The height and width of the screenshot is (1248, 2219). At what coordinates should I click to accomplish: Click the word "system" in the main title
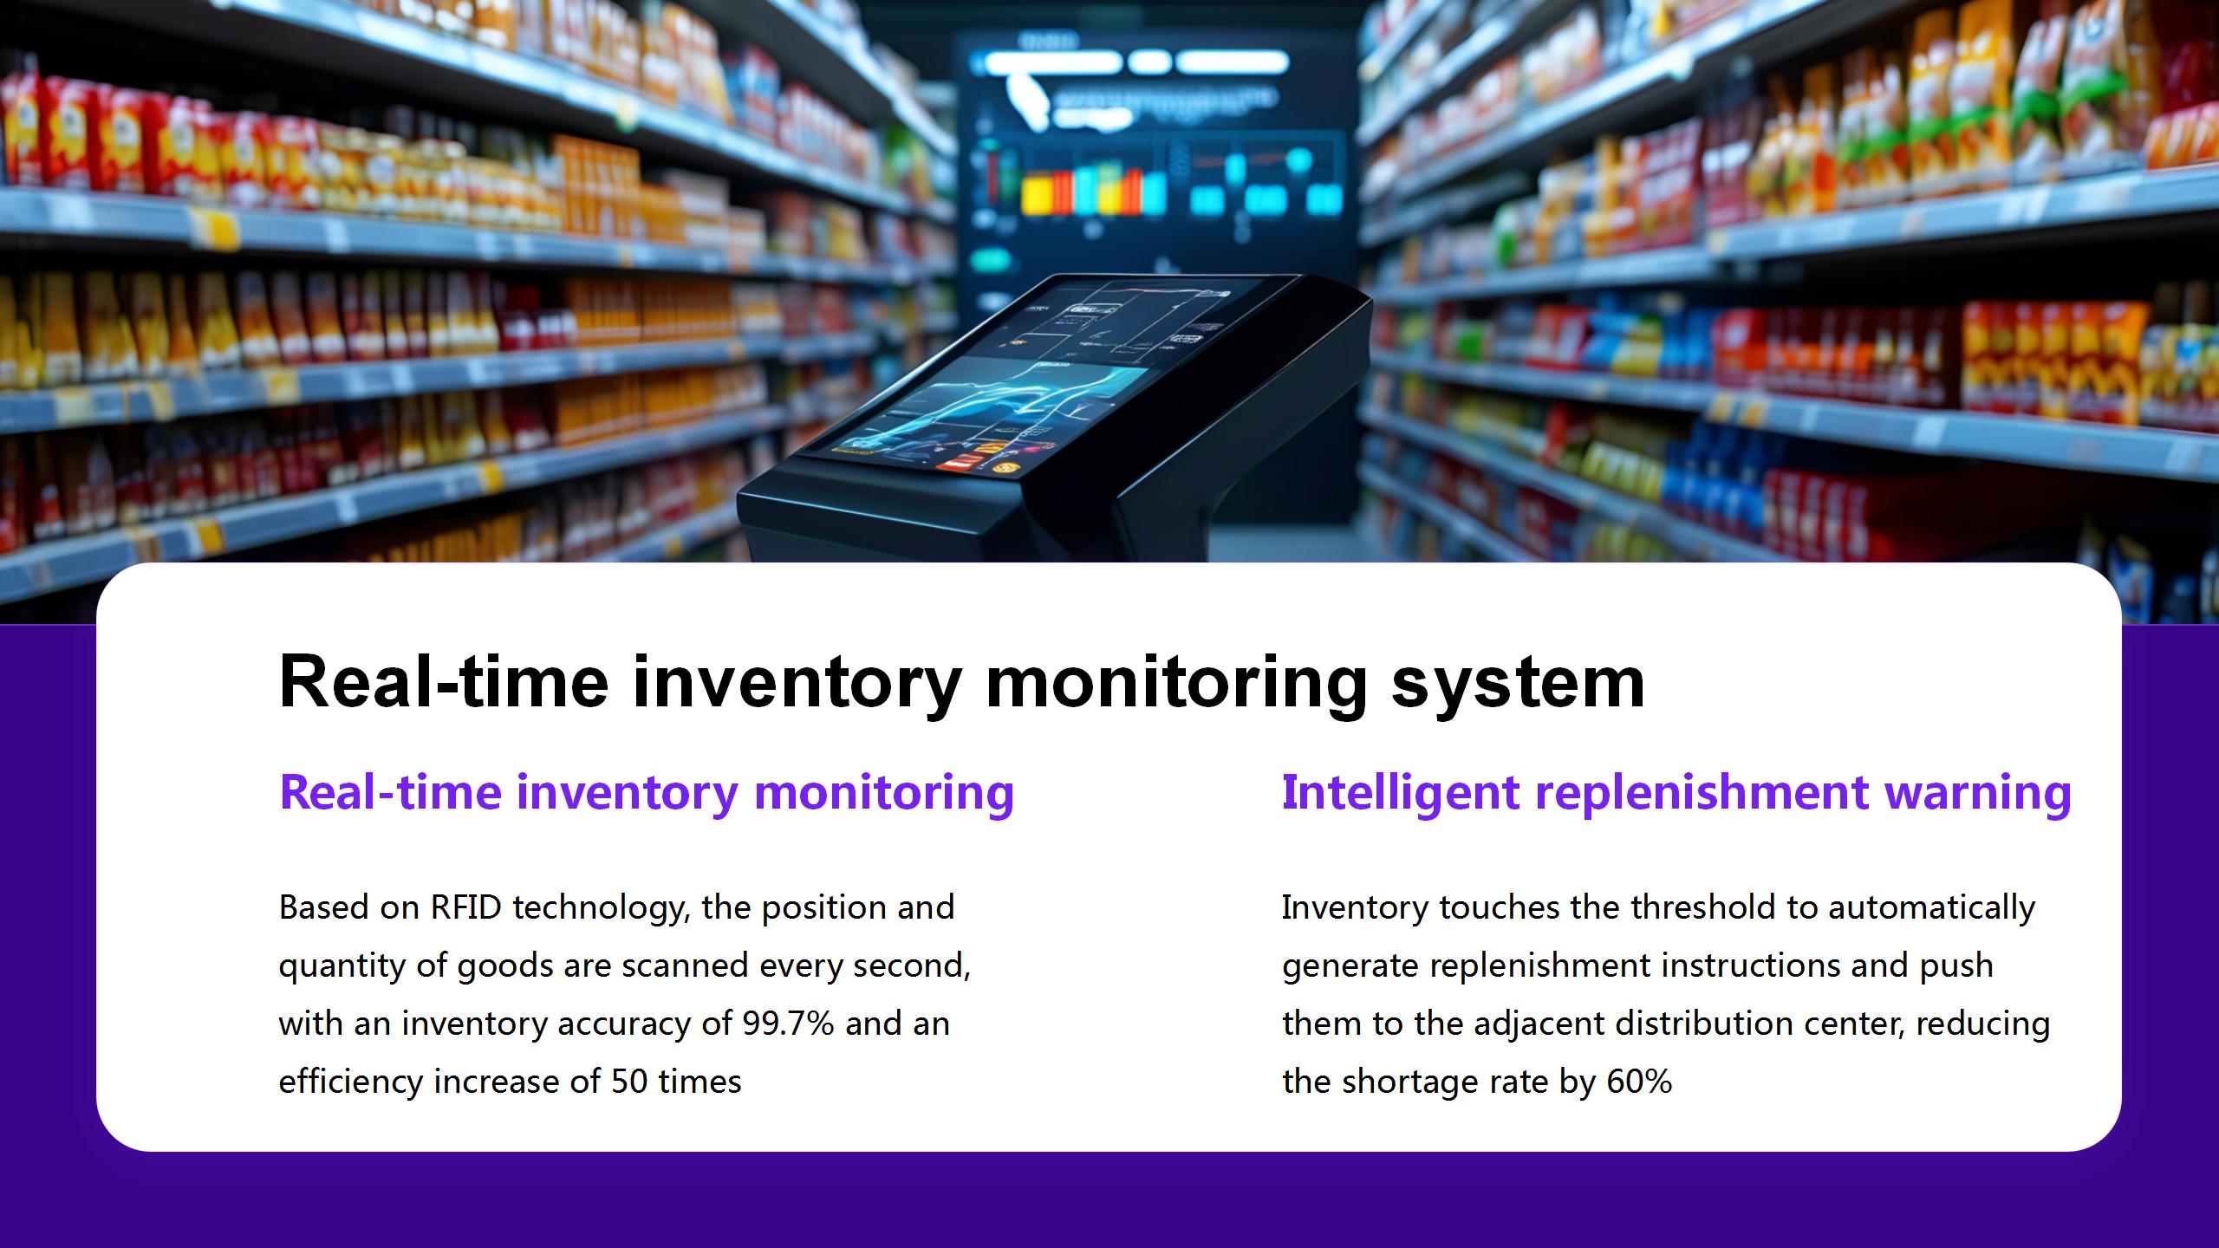(1518, 683)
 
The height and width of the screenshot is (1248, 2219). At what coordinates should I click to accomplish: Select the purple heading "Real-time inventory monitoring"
(647, 793)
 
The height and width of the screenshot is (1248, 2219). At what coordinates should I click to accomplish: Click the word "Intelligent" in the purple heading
(1400, 793)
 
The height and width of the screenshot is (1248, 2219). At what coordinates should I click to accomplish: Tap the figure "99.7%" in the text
(788, 1024)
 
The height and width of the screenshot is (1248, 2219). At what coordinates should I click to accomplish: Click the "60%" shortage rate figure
(1639, 1082)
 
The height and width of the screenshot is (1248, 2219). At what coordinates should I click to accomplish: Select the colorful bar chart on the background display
(1093, 192)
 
